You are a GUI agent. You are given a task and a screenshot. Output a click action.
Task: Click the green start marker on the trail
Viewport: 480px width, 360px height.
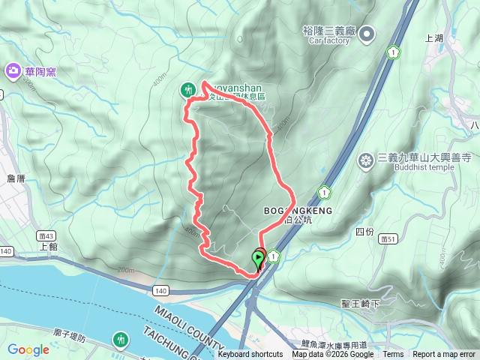(x=259, y=260)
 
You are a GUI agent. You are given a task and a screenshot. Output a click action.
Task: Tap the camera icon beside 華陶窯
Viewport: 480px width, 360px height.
(x=13, y=72)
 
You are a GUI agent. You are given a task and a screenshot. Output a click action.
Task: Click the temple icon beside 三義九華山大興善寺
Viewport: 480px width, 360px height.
(x=366, y=160)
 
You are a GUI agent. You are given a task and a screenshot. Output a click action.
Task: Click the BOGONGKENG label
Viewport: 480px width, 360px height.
(x=298, y=211)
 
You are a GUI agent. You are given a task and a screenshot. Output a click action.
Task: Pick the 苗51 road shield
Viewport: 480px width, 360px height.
(x=388, y=238)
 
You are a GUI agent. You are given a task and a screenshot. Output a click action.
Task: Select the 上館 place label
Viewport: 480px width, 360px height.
(x=46, y=246)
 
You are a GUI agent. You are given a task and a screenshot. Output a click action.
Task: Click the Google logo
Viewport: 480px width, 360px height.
(x=28, y=349)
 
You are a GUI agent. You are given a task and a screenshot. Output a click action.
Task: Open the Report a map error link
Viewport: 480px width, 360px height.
(x=444, y=355)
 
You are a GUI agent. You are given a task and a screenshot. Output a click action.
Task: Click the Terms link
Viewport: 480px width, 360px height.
(x=393, y=355)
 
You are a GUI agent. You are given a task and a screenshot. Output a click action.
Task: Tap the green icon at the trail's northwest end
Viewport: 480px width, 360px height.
(x=187, y=90)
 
